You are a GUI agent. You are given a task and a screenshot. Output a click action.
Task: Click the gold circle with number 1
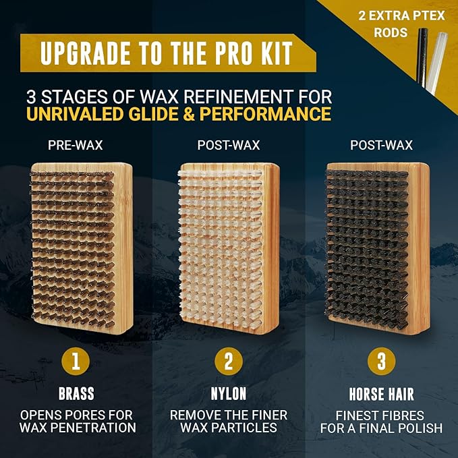click(76, 362)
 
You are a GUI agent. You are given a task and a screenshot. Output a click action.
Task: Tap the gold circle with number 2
click(229, 362)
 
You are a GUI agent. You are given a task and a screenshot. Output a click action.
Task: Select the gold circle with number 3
click(382, 362)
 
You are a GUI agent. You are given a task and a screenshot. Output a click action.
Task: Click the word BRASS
click(76, 393)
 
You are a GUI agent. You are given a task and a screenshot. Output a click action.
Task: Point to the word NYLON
click(229, 393)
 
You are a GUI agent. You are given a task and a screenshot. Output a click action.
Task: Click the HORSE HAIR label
click(382, 394)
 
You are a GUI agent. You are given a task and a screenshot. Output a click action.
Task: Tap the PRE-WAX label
click(76, 145)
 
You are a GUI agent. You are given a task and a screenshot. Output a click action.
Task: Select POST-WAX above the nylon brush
click(229, 145)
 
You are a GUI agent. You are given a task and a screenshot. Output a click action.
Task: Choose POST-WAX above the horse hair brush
click(382, 145)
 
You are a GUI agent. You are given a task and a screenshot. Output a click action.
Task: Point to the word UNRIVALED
click(75, 114)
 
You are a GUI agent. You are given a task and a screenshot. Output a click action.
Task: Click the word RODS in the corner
click(391, 32)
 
